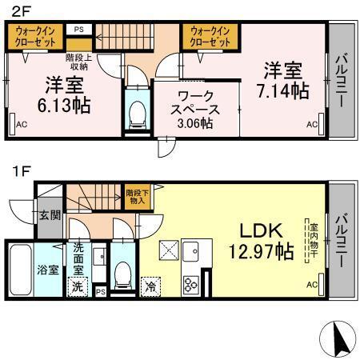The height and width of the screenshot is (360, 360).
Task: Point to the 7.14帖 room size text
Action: pos(282,90)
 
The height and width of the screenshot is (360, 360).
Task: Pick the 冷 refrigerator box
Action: pos(150,284)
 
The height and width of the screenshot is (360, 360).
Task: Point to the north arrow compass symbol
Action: pos(339,339)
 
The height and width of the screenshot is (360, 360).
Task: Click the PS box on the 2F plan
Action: pos(78,30)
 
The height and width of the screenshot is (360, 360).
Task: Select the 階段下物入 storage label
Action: pos(135,196)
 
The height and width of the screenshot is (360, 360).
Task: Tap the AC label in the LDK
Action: pos(312,285)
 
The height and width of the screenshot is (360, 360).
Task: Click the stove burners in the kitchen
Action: pos(193,284)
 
